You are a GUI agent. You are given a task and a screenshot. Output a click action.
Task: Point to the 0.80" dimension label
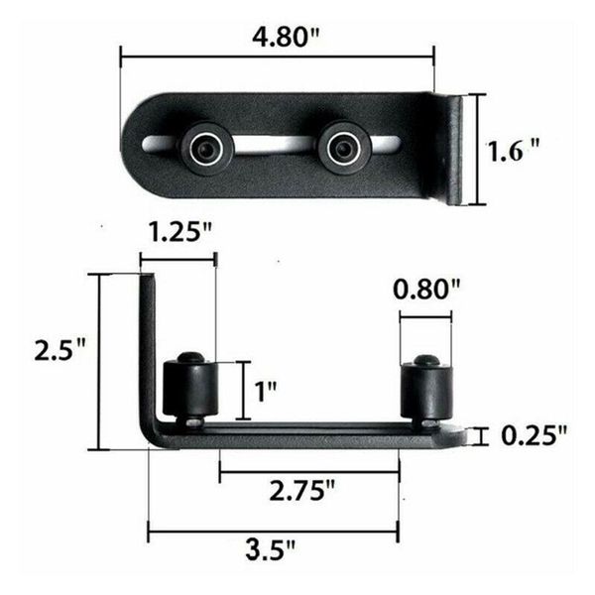coord(427,291)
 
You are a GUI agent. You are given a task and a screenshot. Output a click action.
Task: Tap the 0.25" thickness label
coord(533,435)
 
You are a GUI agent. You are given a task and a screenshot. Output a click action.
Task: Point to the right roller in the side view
coord(426,391)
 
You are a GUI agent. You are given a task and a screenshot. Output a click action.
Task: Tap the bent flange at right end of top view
coord(453,149)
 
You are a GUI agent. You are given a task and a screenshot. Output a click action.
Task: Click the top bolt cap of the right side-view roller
coord(426,360)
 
